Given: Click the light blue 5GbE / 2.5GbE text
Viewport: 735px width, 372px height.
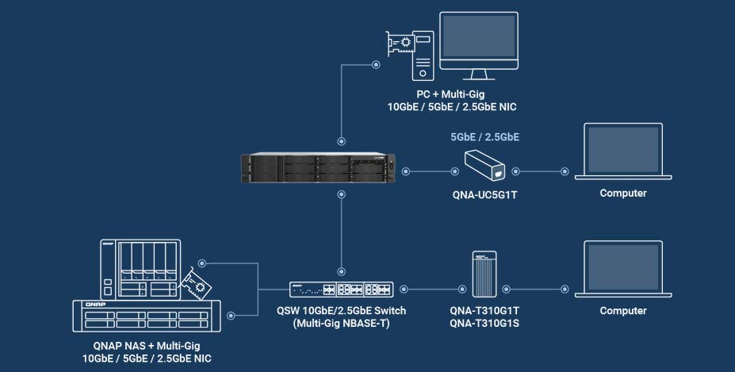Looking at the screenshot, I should [484, 137].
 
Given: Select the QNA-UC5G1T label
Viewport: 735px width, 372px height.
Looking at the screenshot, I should [484, 193].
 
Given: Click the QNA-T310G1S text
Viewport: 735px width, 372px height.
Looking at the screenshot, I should [484, 323].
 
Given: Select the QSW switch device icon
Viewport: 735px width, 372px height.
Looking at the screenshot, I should [340, 290].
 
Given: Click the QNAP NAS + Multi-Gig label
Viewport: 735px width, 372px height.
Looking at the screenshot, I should [146, 347].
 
